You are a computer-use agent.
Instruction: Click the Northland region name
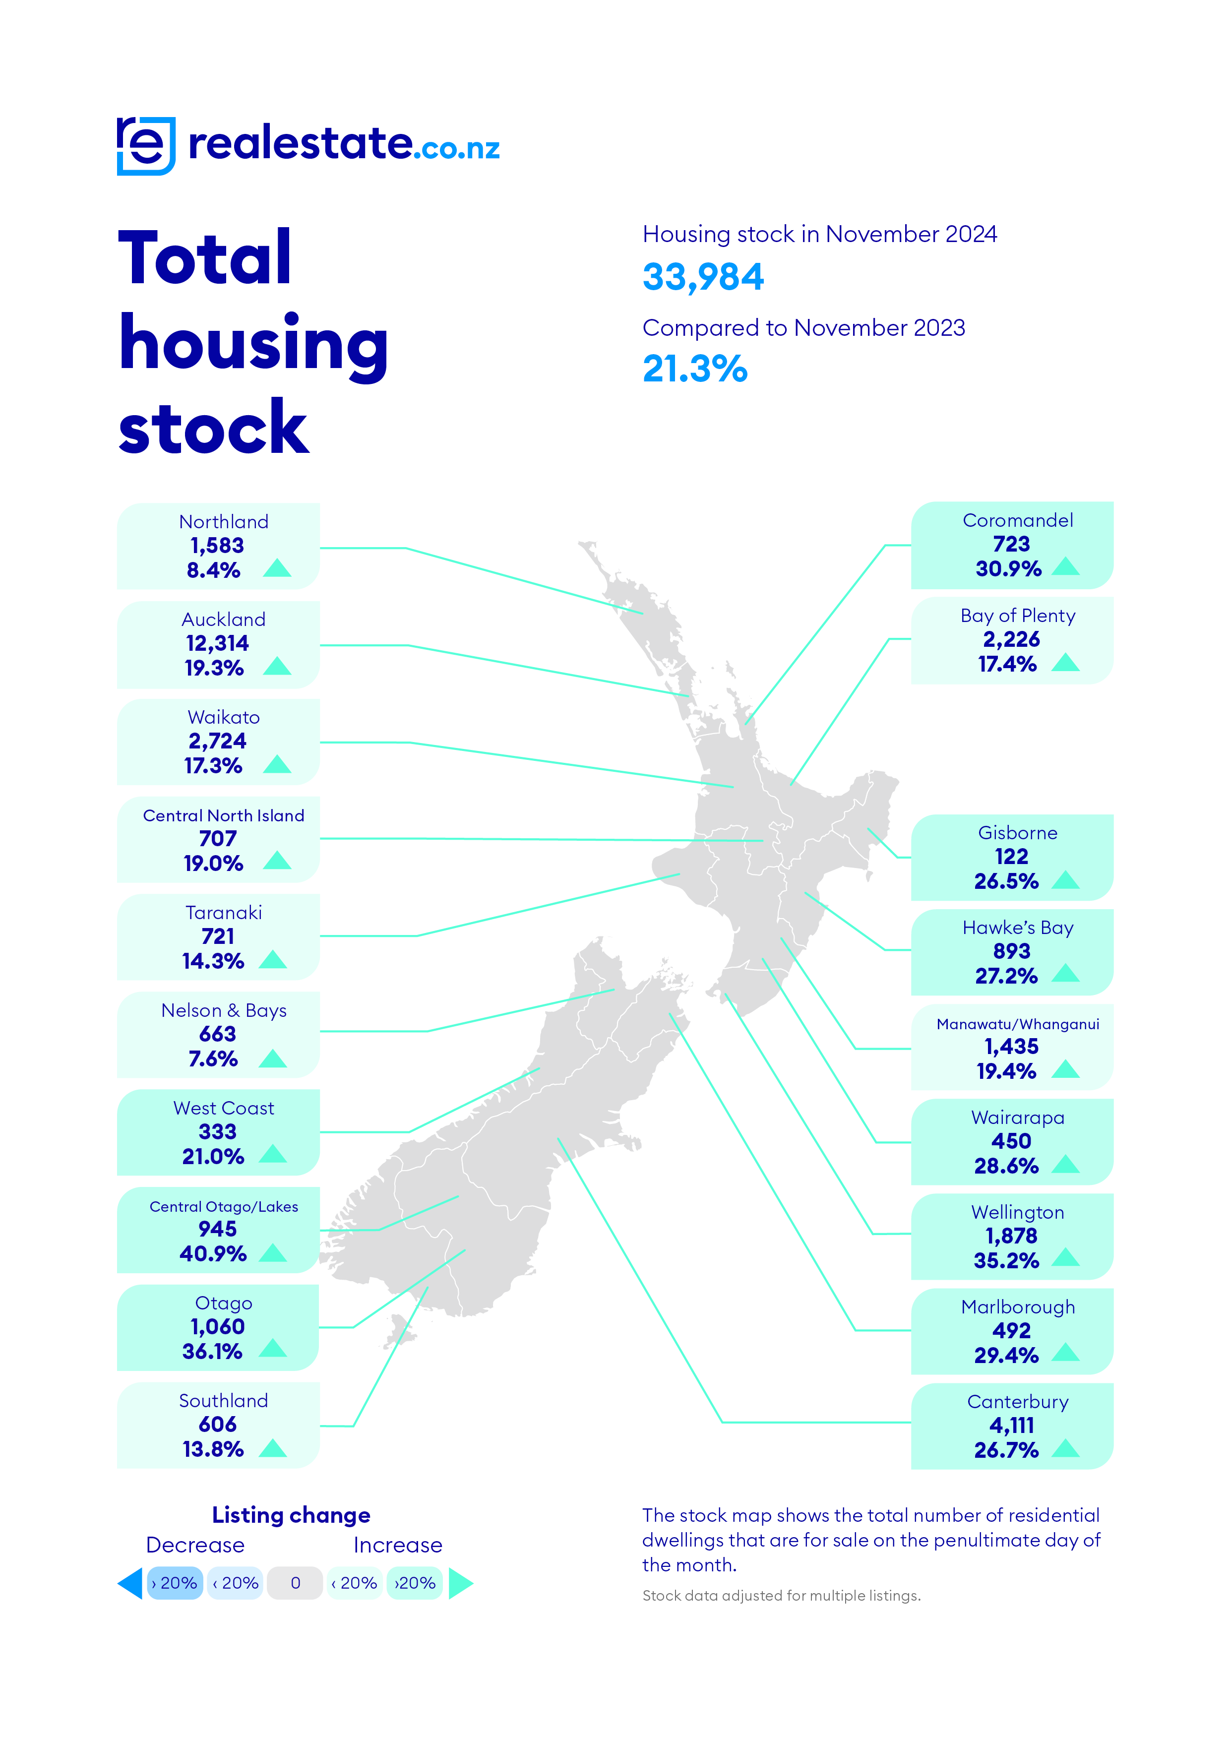224,522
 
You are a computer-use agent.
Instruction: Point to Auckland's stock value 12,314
218,643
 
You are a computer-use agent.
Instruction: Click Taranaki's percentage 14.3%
213,961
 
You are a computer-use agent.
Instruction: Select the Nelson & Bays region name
224,1010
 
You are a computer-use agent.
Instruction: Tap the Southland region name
224,1401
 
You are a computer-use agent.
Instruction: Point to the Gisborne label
1017,833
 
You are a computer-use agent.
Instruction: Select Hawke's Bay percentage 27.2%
1006,976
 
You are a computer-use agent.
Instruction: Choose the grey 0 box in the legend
296,1583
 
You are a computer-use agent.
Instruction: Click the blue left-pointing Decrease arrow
130,1583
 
